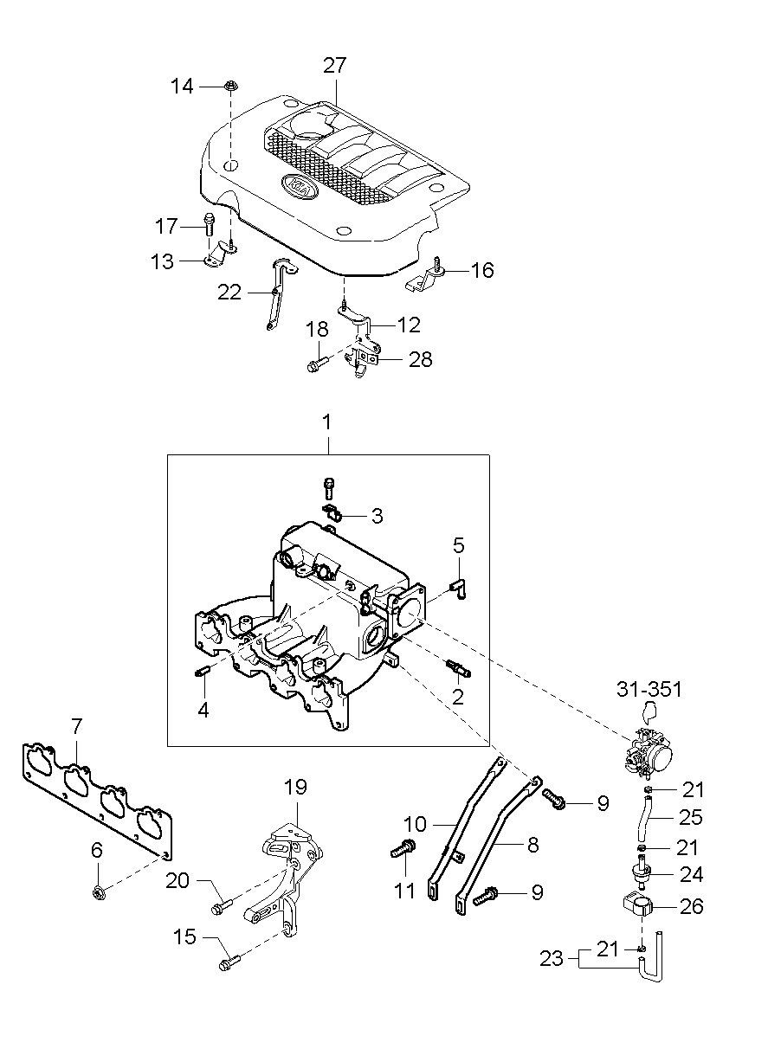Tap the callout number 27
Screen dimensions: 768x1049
tap(334, 66)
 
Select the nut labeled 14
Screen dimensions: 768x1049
tap(230, 87)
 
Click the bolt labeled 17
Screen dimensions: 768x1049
tap(209, 226)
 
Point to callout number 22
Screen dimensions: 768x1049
tap(229, 293)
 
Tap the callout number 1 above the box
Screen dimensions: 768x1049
tap(326, 422)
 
